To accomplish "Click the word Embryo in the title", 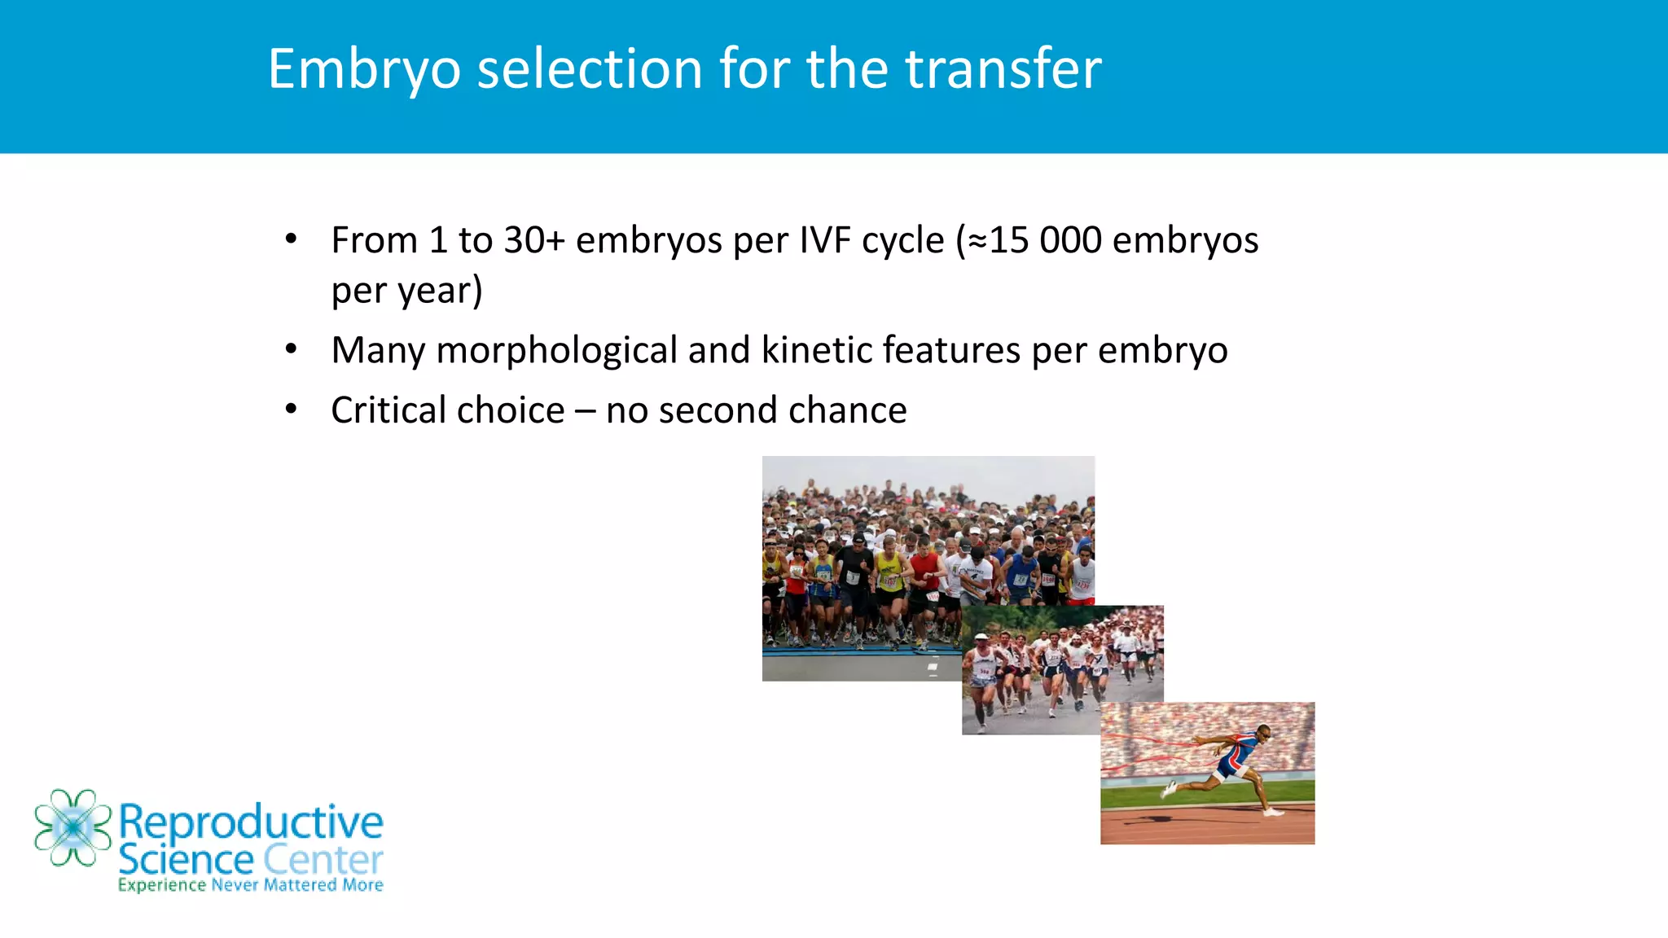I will coord(364,70).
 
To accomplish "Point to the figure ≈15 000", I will coord(1034,240).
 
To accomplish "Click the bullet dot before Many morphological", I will coord(291,349).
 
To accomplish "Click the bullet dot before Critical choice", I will coord(291,409).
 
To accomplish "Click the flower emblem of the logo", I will coord(72,827).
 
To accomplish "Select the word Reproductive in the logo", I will coord(251,822).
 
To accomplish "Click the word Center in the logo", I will coord(323,860).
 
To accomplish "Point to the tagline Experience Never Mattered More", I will coord(250,885).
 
